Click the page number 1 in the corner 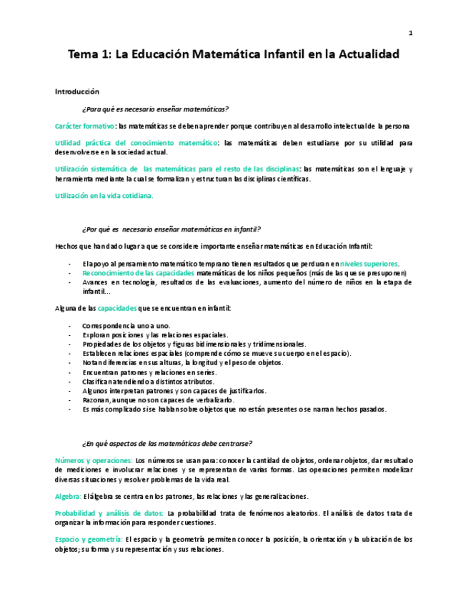tap(411, 32)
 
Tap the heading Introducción tap(77, 91)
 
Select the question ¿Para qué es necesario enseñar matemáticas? tap(155, 109)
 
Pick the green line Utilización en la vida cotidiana tap(104, 195)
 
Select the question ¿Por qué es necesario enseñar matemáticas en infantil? tap(171, 229)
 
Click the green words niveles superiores tap(369, 264)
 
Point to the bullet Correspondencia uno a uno tap(126, 326)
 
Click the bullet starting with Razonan tap(153, 400)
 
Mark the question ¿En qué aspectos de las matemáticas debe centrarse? tap(166, 443)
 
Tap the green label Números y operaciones tap(93, 461)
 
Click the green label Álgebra tap(68, 496)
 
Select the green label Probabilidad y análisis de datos tap(109, 513)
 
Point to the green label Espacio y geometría tap(89, 540)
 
